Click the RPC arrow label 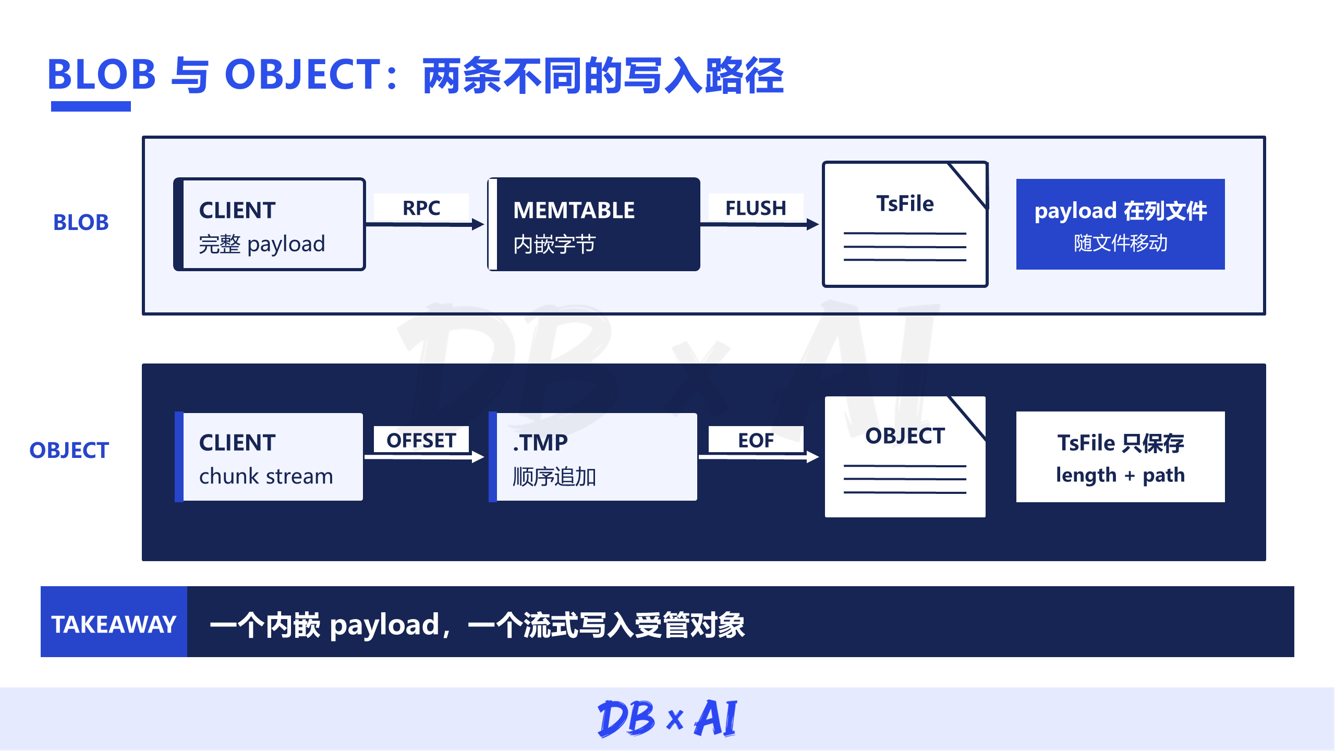coord(421,208)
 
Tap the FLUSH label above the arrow coord(756,208)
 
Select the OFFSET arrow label coord(421,440)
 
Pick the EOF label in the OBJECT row coord(756,440)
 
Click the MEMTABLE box coord(593,224)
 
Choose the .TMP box coord(593,457)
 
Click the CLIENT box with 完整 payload coord(270,224)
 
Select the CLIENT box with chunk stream coord(269,457)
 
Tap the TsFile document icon coord(905,224)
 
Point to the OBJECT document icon coord(905,457)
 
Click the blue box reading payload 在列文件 coord(1121,224)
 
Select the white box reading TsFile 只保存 coord(1121,457)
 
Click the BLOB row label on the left coord(81,223)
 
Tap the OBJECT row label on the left coord(69,450)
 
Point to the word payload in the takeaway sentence coord(385,625)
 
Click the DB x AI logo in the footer coord(667,718)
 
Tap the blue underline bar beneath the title coord(91,106)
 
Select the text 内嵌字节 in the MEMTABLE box coord(554,244)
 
